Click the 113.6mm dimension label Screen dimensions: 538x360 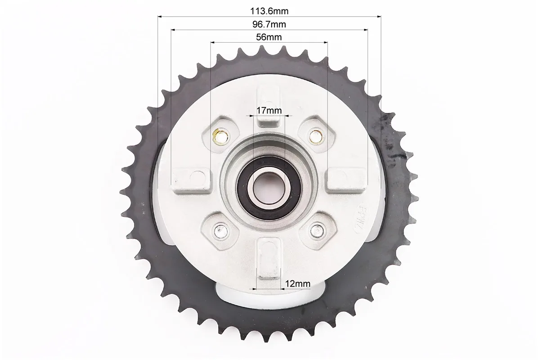[x=269, y=11]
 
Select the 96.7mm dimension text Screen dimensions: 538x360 [x=269, y=24]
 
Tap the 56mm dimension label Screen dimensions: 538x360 [x=269, y=37]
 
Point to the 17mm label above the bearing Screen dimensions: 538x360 [x=269, y=111]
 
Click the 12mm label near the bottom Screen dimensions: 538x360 [x=297, y=284]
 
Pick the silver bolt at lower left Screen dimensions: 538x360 [x=220, y=231]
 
